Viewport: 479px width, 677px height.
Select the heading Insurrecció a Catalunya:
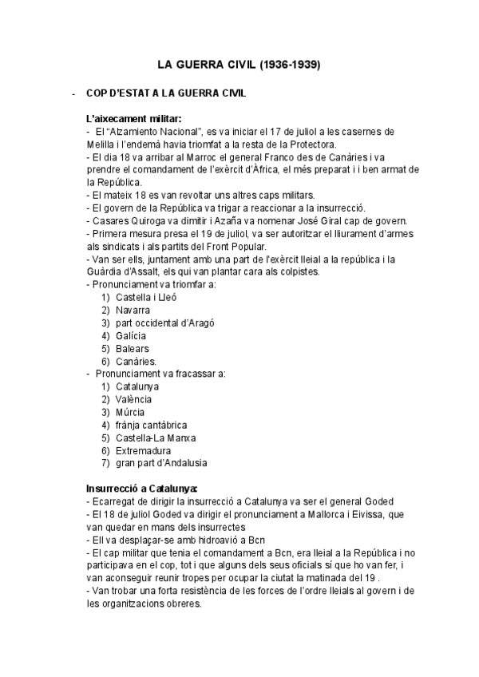point(141,488)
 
